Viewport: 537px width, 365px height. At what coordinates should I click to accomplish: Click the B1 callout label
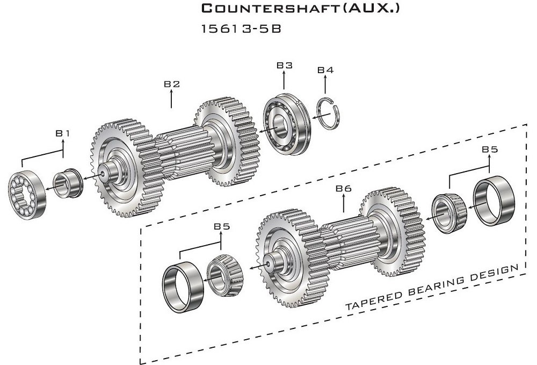(62, 133)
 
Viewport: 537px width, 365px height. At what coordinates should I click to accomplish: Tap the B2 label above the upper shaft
(172, 84)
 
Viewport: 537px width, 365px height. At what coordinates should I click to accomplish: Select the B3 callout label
(285, 65)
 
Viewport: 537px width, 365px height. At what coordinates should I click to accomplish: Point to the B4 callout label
(325, 70)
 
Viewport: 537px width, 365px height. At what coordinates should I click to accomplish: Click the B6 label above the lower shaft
(344, 188)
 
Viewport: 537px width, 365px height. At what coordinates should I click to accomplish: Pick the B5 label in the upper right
(490, 149)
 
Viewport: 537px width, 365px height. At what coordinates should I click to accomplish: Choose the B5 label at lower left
(222, 226)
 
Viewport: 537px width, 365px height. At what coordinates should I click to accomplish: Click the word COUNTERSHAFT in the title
(270, 8)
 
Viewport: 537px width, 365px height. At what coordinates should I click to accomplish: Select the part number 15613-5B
(241, 29)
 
